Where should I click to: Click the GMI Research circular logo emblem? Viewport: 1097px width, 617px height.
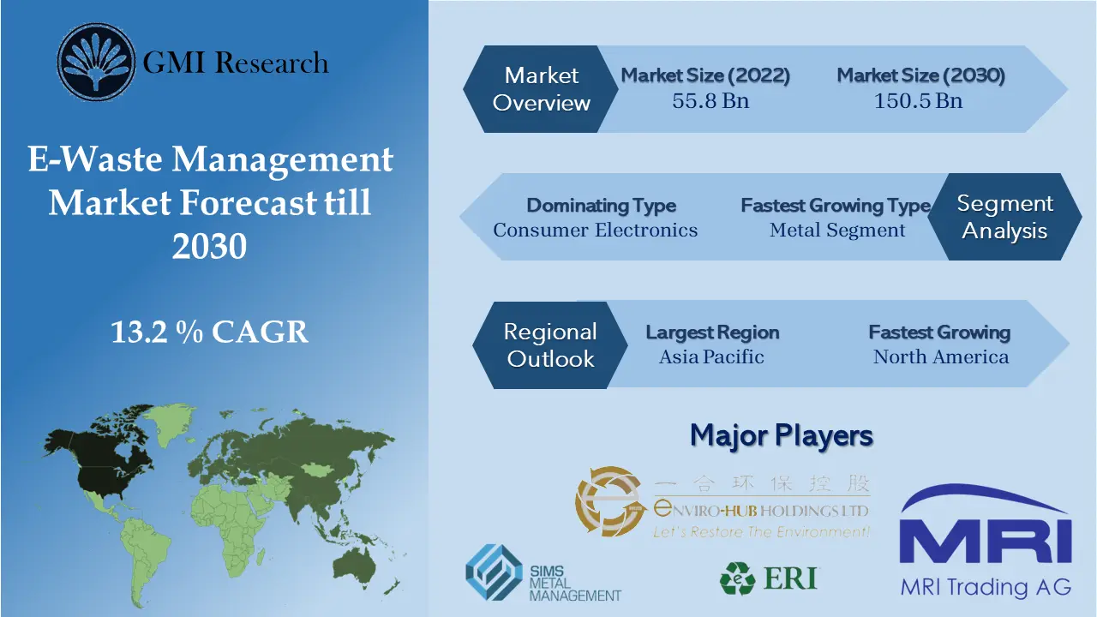coord(96,62)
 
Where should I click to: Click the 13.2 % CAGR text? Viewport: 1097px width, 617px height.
coord(209,332)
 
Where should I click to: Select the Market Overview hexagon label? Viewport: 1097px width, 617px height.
coord(541,89)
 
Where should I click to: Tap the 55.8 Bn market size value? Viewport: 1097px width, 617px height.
coord(710,100)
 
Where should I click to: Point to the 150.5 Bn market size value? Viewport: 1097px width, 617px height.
coord(918,100)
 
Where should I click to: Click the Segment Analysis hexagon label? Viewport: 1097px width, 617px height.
coord(1004,217)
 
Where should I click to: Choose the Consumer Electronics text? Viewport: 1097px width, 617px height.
coord(595,230)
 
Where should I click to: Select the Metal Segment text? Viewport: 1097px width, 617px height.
coord(837,230)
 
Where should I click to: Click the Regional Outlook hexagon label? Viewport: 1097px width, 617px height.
coord(549,344)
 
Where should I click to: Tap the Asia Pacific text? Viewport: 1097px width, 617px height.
coord(711,356)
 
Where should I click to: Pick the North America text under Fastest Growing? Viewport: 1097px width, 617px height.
coord(940,356)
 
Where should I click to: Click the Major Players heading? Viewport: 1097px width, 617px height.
coord(781,435)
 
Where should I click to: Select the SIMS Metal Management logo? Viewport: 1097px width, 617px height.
coord(543,573)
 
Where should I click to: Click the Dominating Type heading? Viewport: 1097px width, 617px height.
coord(601,206)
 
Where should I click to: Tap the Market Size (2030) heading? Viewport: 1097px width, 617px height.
coord(920,75)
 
